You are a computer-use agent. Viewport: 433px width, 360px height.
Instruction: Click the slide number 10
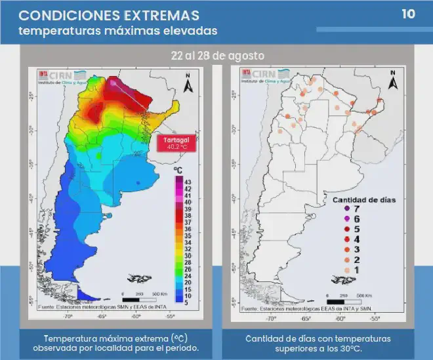[408, 14]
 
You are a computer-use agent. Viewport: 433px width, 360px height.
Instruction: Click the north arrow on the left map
[187, 83]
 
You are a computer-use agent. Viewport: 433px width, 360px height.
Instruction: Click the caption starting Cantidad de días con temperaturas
[318, 342]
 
